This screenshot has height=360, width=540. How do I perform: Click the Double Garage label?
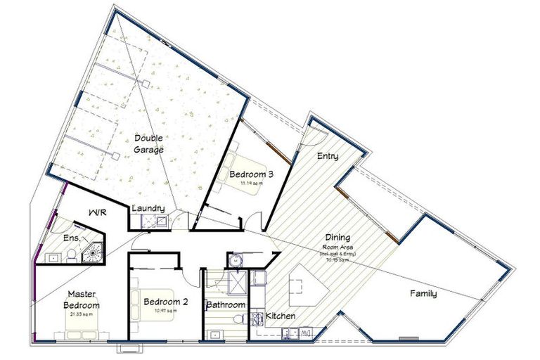point(148,144)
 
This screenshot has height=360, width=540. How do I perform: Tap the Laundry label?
point(148,208)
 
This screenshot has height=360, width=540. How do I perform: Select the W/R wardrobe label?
point(97,212)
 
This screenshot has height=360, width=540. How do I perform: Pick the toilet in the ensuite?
point(53,257)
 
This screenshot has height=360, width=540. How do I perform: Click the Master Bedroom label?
point(83,300)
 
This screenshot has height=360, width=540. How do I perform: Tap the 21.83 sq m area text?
point(82,314)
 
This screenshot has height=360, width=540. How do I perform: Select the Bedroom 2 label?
point(165,302)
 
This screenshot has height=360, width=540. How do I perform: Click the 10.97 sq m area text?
point(165,311)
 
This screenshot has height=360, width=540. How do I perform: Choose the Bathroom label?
point(225,305)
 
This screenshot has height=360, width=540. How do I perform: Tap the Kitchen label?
point(280,316)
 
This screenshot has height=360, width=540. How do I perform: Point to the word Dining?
point(337,238)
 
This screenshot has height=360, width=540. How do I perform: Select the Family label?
point(423,294)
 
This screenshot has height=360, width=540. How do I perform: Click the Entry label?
point(328,155)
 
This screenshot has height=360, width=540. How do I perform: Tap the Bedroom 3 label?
point(242,174)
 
